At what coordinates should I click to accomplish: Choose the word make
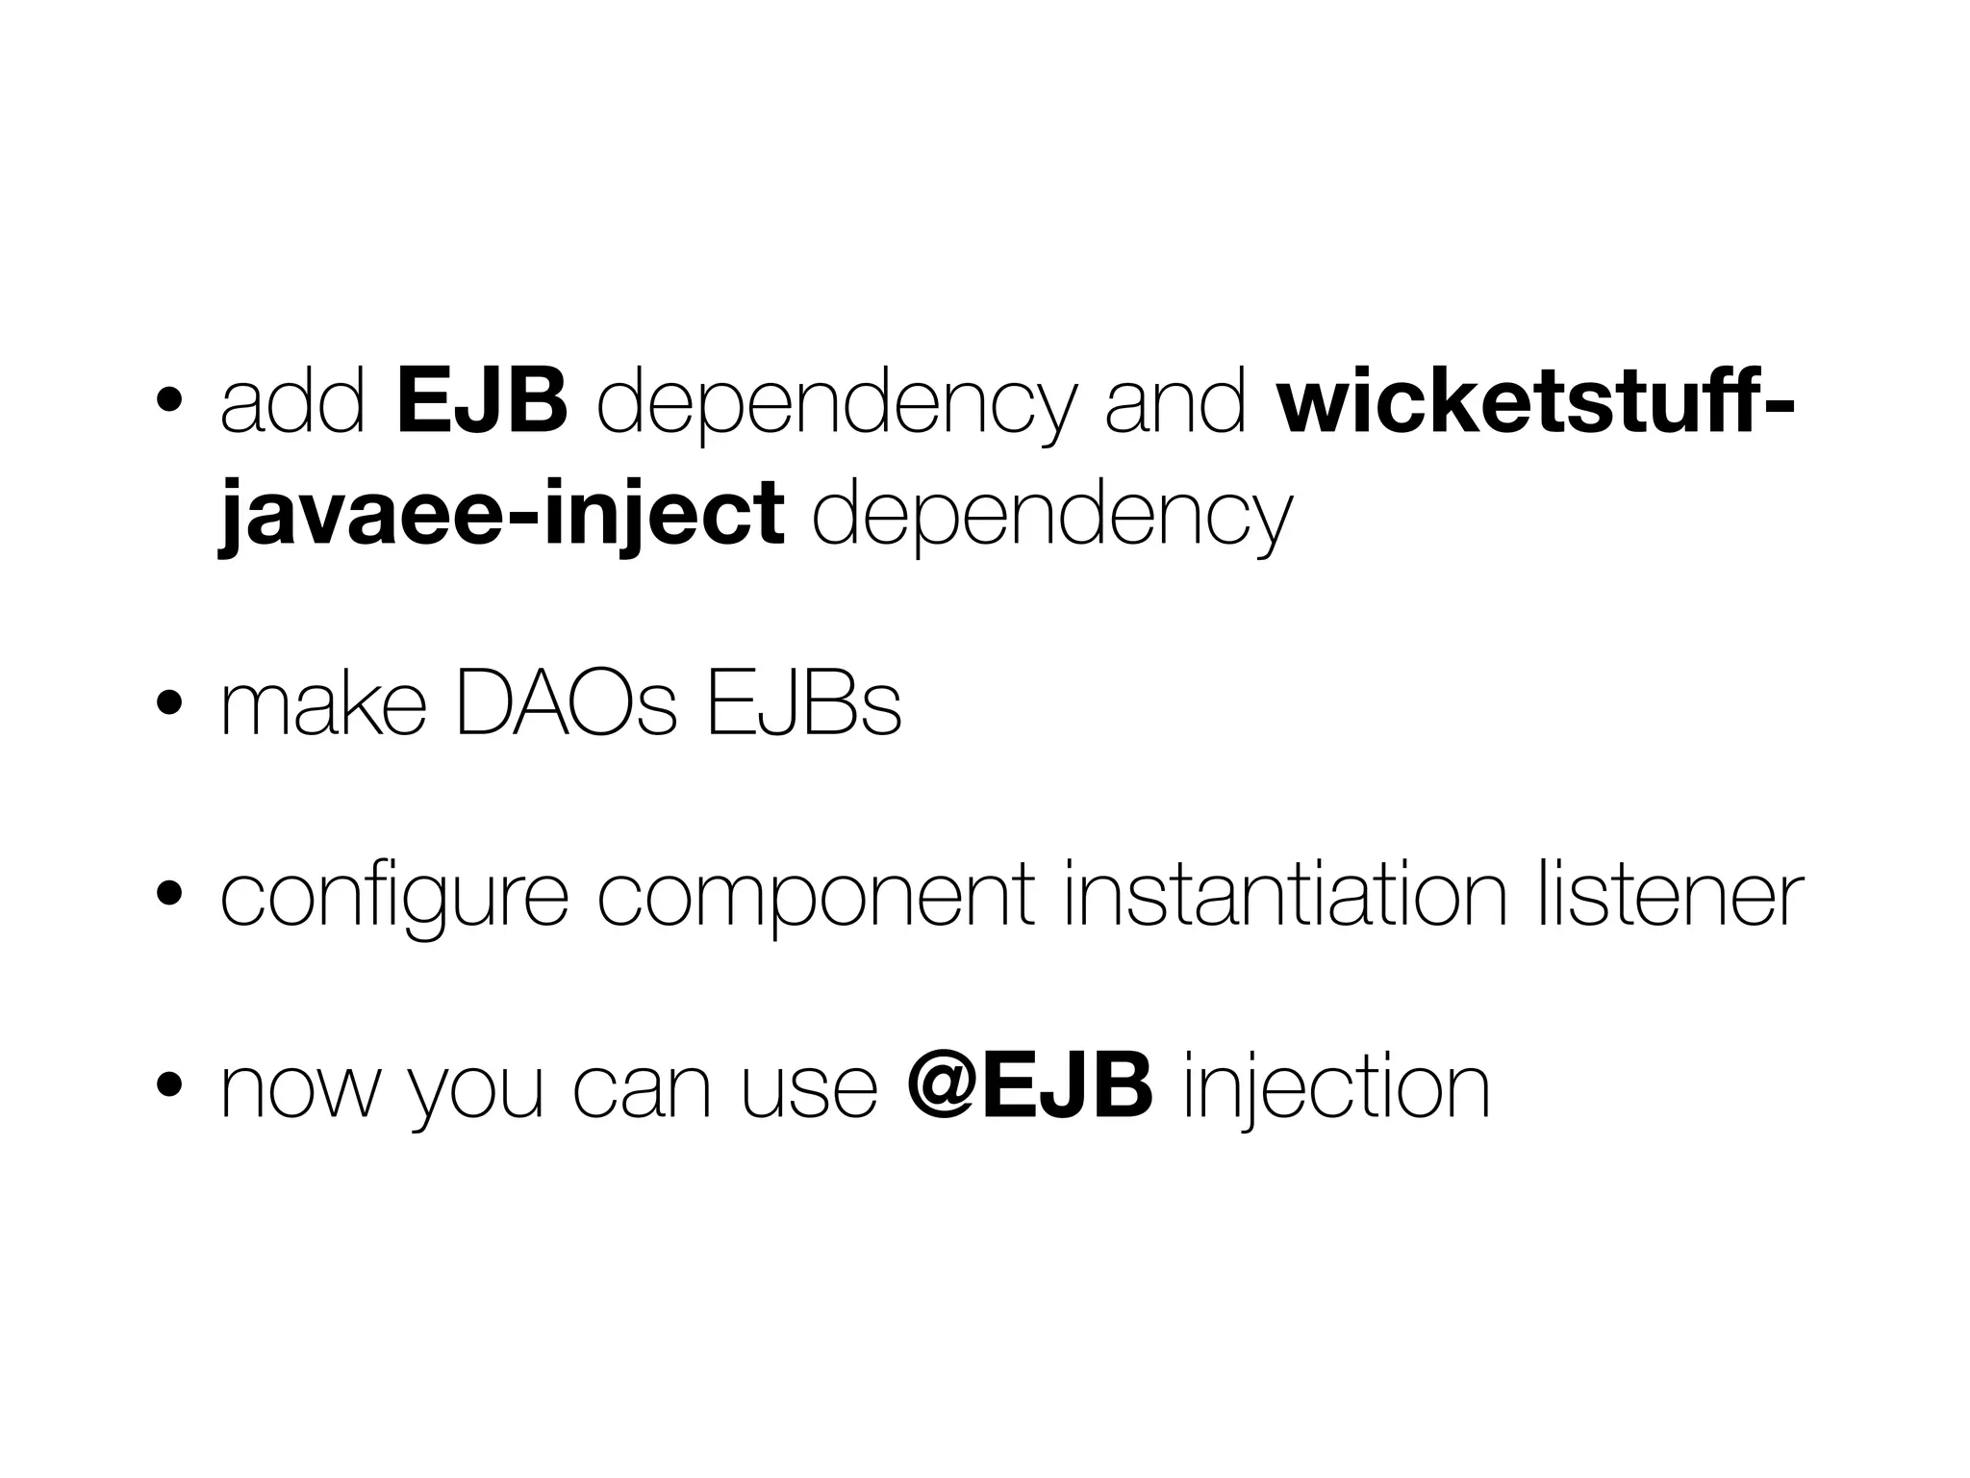click(322, 707)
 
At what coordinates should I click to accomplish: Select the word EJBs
click(803, 707)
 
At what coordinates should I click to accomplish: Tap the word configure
click(394, 897)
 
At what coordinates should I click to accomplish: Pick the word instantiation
click(1285, 897)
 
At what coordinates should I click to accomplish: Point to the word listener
click(1670, 897)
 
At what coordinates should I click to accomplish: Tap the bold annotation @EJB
click(1029, 1087)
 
